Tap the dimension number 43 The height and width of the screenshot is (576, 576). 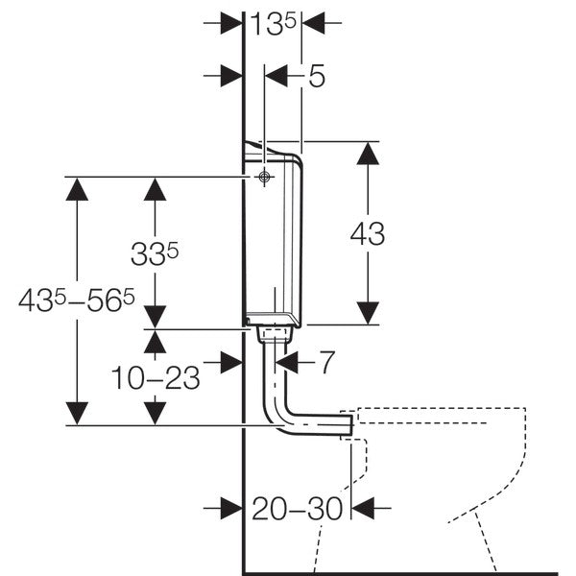coord(367,233)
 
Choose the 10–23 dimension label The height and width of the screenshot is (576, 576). coord(156,377)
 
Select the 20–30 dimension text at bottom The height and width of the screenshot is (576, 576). coord(297,509)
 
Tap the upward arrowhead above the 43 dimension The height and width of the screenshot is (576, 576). coord(367,156)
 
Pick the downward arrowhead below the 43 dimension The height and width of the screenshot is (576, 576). coord(367,311)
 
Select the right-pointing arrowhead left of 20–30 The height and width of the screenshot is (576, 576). coord(228,509)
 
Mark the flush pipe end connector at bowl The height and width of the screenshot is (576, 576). coord(347,423)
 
